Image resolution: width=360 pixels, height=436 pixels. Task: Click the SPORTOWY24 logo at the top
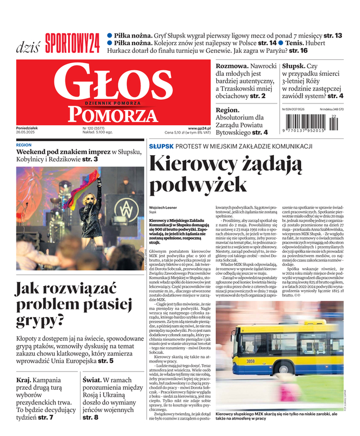(72, 41)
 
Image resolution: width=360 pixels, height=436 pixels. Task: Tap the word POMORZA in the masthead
(112, 114)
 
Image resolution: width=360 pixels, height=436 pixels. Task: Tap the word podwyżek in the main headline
(198, 185)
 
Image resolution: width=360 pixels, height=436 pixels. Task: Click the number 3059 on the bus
(250, 361)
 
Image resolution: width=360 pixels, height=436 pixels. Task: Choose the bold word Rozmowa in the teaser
(233, 65)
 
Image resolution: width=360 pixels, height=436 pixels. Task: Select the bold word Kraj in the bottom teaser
(23, 380)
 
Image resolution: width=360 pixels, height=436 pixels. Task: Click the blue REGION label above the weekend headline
(24, 146)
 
